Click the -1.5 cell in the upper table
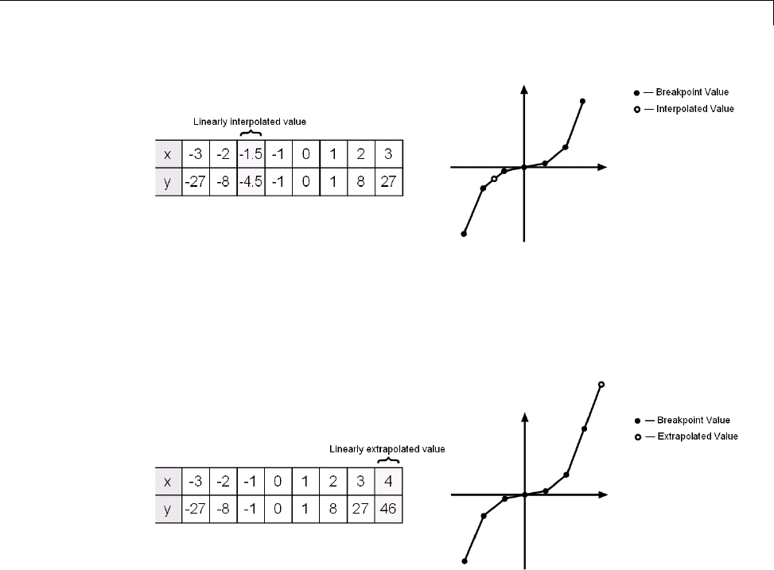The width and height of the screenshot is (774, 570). tap(251, 153)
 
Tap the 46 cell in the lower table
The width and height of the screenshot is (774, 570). tap(388, 509)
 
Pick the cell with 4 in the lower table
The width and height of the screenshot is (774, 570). tap(388, 481)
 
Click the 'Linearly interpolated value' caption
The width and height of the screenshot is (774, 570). tap(250, 122)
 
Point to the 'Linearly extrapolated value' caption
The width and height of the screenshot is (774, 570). tap(387, 448)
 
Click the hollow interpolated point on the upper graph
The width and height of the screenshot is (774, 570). tap(494, 179)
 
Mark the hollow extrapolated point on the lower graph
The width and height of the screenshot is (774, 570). tap(601, 385)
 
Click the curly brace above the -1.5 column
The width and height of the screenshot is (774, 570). tap(251, 133)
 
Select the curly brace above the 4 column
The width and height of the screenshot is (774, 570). tap(388, 459)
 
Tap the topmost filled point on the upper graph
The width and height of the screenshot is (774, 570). tap(582, 101)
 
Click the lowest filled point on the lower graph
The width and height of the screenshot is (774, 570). tap(465, 560)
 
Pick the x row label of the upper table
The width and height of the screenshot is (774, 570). tap(167, 153)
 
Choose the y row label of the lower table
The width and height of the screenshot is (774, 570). tap(167, 509)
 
